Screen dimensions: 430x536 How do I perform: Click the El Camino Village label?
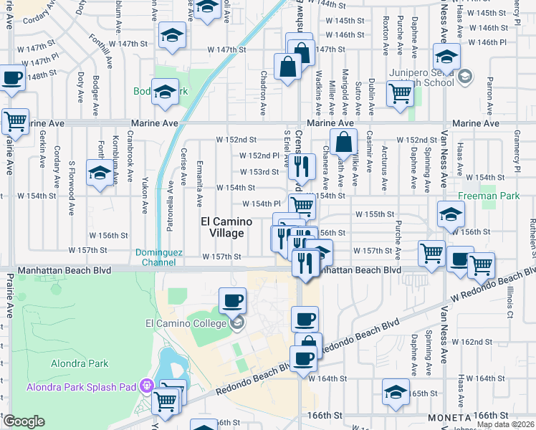[222, 228]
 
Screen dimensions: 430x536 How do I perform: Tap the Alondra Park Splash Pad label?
[81, 388]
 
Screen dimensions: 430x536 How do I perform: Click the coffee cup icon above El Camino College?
[231, 300]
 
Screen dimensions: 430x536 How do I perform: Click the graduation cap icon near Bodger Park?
[165, 92]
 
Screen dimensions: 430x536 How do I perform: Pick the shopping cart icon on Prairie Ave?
[15, 121]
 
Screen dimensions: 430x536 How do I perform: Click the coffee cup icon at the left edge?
[11, 78]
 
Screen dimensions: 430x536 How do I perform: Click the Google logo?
[24, 421]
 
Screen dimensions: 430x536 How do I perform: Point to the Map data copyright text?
[505, 424]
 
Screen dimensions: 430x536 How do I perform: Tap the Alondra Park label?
[79, 363]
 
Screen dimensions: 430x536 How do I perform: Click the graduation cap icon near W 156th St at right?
[451, 214]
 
